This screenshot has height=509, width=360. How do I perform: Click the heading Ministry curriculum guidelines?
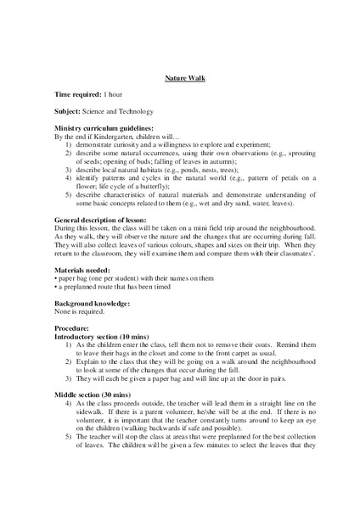(x=109, y=127)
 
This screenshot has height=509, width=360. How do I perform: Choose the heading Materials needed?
(x=86, y=269)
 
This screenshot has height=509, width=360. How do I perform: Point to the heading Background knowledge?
(x=93, y=302)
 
